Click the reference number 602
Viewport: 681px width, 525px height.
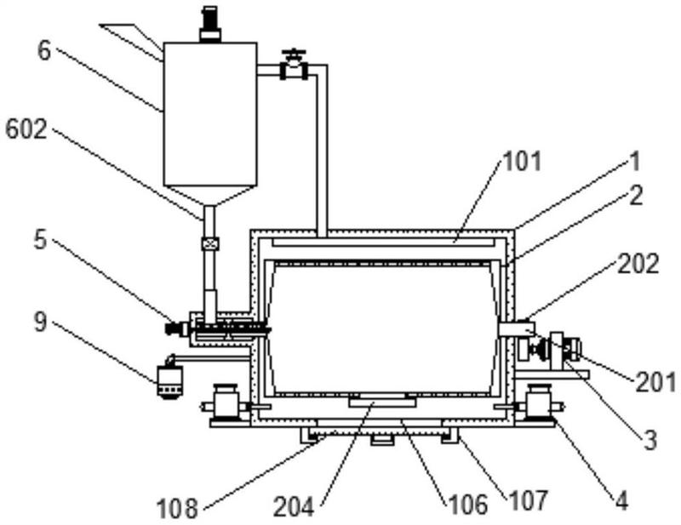tap(26, 130)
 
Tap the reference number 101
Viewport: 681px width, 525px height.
tap(522, 161)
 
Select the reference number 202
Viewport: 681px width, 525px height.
tap(638, 264)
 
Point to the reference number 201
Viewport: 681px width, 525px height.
tap(655, 383)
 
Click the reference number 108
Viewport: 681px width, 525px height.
tap(177, 508)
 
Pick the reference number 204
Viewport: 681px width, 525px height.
tap(293, 507)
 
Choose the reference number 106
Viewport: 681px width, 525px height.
tap(467, 505)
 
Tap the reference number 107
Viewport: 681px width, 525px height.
tap(528, 500)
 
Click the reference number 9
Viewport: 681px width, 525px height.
tap(40, 322)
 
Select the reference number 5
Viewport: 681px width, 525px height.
tap(40, 239)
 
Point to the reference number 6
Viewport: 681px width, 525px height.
tap(44, 51)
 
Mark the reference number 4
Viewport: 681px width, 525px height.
tap(621, 500)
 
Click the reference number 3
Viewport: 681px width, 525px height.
tap(650, 440)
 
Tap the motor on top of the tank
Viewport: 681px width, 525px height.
tap(210, 25)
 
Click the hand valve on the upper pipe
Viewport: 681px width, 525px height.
tap(294, 65)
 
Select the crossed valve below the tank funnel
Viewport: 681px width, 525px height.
tap(210, 243)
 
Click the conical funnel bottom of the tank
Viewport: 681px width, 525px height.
tap(209, 196)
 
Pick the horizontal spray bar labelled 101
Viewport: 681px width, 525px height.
tap(385, 242)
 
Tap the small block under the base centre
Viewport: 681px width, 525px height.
tap(382, 441)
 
